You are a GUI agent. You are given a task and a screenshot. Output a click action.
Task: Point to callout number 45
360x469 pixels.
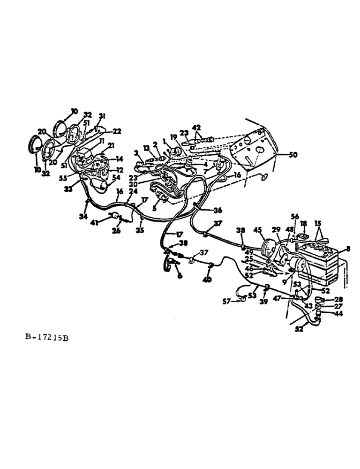pos(257,230)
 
